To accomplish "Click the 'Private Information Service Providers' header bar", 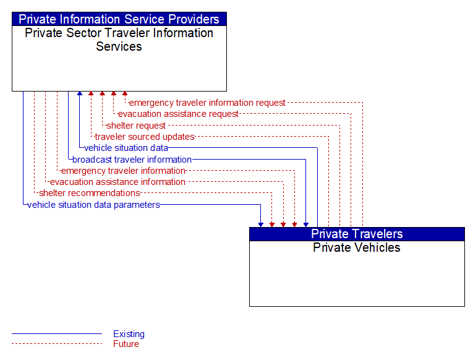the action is tap(119, 19).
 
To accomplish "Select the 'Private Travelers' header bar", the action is tap(357, 234).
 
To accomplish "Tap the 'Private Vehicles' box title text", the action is tap(357, 247).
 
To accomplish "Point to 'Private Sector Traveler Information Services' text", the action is tap(119, 40).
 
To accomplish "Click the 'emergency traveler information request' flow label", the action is tap(207, 103).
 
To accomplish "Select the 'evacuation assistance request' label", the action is tap(178, 114).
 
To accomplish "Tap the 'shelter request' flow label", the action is tap(136, 125).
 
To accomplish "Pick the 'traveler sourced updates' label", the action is tap(145, 137).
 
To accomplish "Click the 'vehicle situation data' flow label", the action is tap(126, 148).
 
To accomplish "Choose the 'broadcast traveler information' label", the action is tap(132, 160).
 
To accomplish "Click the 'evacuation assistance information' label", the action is tap(117, 182).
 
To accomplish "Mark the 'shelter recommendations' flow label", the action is tap(90, 193).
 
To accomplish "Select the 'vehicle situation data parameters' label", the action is tap(93, 205).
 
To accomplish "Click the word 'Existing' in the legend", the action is tap(129, 334).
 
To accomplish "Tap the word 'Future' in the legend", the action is tap(126, 344).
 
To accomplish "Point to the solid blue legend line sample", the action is tap(57, 334).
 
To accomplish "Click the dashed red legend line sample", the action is tap(57, 343).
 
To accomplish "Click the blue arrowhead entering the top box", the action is tap(80, 93).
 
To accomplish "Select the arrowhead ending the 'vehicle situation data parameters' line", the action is tap(261, 225).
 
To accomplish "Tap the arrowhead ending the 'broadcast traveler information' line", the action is tap(306, 225).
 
